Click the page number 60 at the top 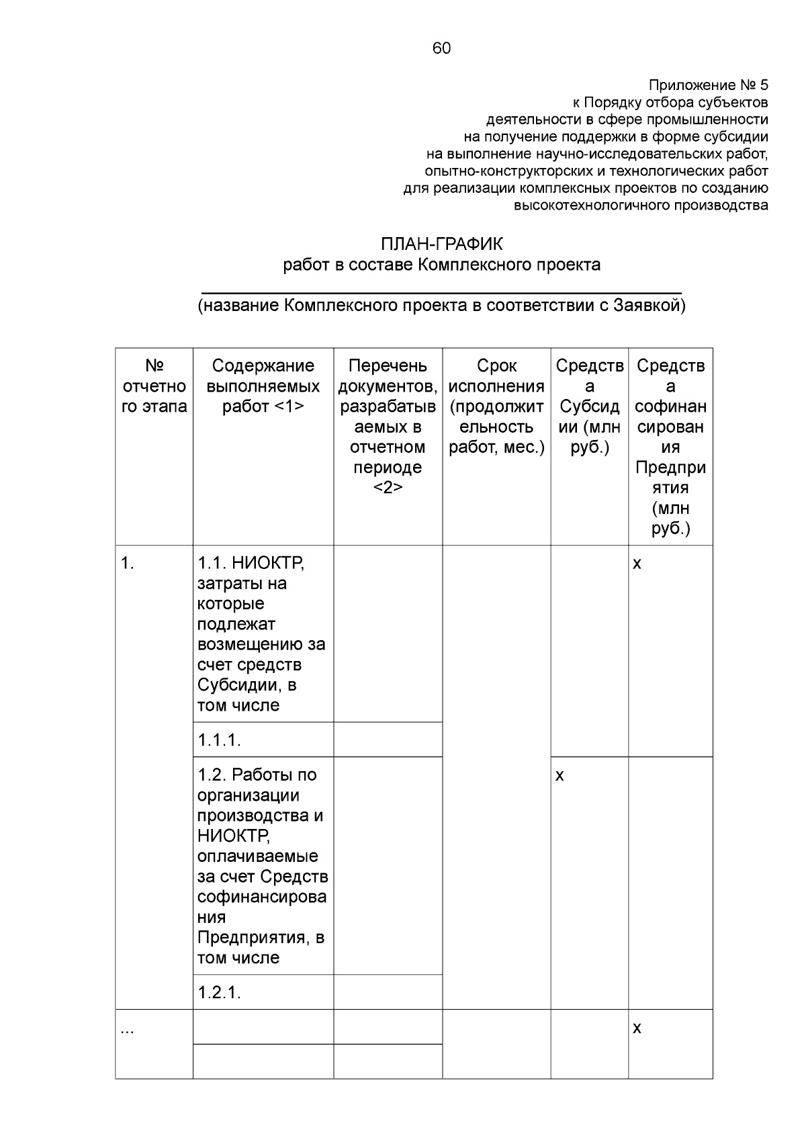coord(441,48)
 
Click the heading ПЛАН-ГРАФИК coord(441,244)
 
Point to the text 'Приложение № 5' coord(708,85)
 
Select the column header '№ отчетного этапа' coord(154,386)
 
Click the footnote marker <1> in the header coord(289,406)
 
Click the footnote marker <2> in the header coord(388,488)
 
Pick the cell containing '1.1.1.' coord(220,740)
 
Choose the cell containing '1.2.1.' coord(220,992)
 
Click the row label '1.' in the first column coord(128,563)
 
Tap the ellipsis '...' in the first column coord(127,1029)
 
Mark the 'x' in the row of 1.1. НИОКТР coord(637,564)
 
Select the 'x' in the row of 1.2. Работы coord(559,776)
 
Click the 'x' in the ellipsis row coord(637,1028)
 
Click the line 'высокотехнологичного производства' coord(641,206)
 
